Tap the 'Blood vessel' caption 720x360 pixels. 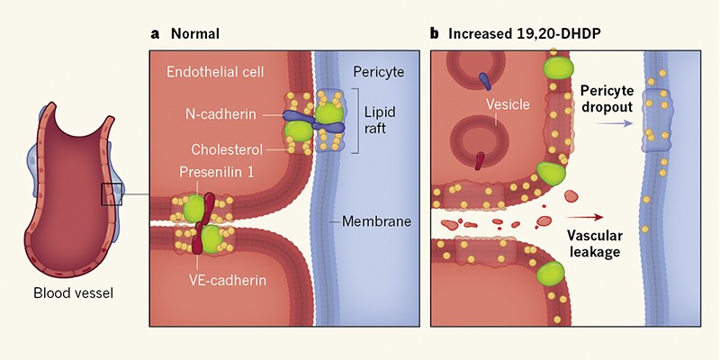click(78, 292)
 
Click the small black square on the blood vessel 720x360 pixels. click(112, 193)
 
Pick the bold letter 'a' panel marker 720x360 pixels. click(155, 34)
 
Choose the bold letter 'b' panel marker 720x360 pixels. click(435, 34)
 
